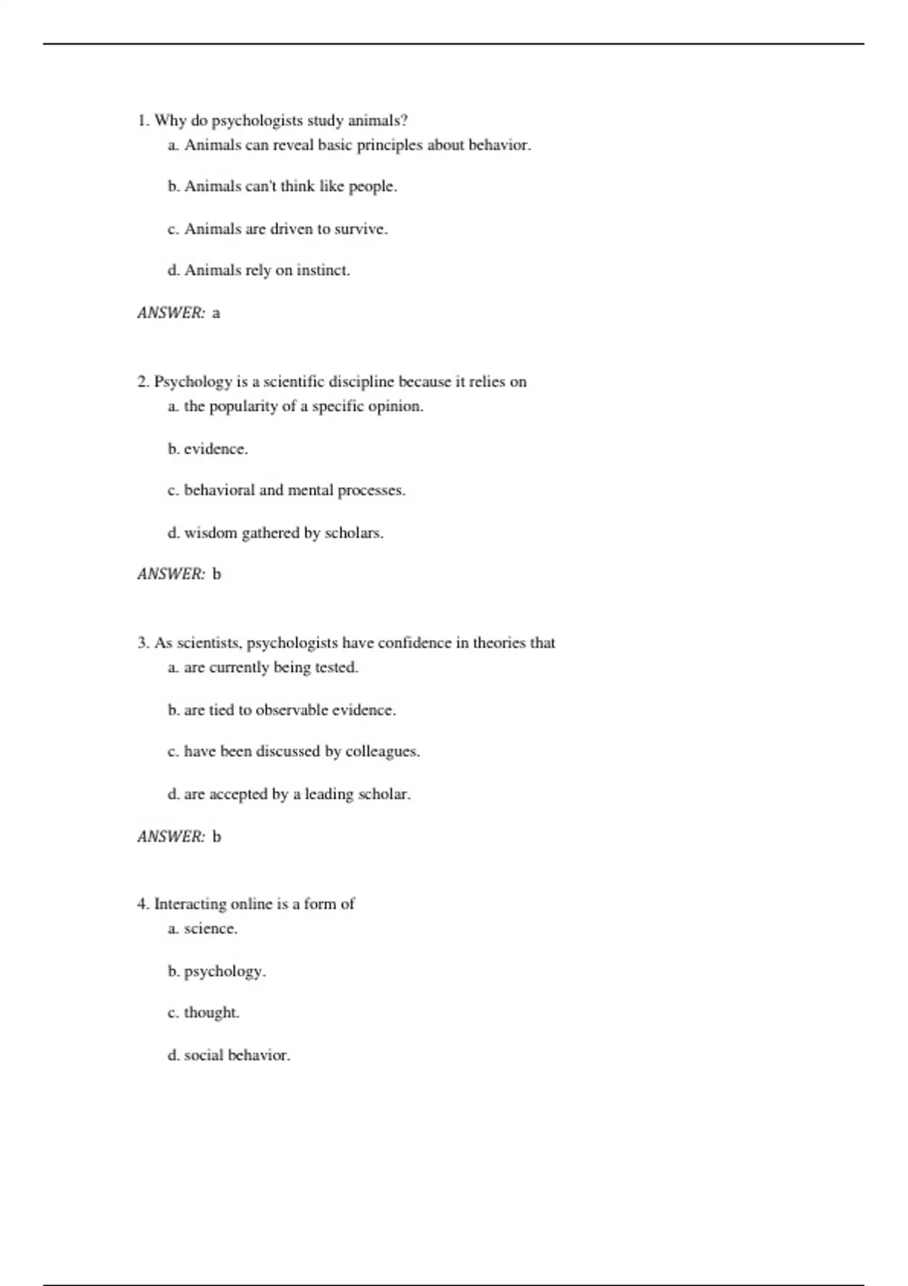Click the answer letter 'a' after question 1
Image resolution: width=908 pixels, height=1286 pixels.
216,313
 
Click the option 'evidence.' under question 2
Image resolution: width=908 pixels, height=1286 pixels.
216,449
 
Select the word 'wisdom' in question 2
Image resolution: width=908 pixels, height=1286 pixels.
211,533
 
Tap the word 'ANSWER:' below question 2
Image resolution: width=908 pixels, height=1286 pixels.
172,574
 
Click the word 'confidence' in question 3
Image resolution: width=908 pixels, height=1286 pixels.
414,643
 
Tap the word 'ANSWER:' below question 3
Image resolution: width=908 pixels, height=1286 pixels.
172,837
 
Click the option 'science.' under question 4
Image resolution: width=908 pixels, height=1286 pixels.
211,929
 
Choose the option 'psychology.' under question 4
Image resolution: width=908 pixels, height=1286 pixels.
225,971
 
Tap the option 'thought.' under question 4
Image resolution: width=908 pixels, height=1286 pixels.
212,1013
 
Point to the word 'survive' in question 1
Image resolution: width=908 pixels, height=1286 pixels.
360,229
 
